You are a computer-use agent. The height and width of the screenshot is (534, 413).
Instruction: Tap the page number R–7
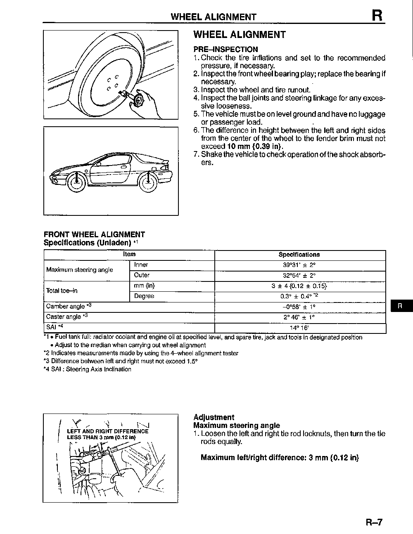coord(374,522)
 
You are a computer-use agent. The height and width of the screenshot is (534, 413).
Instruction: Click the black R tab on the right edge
coord(399,306)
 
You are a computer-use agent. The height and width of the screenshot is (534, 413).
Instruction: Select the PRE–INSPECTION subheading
coord(225,49)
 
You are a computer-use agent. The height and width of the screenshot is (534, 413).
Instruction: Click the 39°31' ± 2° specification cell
coord(300,265)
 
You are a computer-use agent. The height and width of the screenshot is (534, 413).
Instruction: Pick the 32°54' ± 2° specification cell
coord(300,276)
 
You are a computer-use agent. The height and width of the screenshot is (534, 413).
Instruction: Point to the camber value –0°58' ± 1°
coord(300,307)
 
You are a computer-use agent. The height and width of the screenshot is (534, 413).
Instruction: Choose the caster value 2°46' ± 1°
coord(300,317)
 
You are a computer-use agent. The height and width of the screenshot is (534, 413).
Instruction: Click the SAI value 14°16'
coord(300,328)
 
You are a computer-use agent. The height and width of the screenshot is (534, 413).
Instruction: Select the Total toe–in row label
coord(62,291)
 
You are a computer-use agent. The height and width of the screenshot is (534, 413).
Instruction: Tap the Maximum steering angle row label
coord(79,270)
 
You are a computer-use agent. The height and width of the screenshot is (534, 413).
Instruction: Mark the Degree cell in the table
coord(144,296)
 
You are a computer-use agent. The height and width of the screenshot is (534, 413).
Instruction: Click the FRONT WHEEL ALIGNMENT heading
coord(94,234)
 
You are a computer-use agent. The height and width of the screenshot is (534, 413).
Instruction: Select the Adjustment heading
coord(214,417)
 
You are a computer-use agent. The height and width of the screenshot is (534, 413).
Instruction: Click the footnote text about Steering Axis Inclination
coord(88,369)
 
